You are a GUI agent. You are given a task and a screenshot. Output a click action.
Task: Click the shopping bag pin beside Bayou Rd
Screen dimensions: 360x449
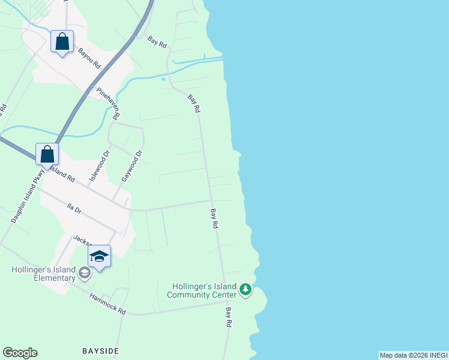coord(62,42)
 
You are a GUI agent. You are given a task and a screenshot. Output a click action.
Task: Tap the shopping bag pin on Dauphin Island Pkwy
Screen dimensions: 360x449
coord(47,155)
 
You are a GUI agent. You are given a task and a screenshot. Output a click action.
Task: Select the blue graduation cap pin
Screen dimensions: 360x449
coord(99,257)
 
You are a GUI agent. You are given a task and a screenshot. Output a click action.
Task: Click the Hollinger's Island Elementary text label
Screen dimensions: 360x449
coord(43,274)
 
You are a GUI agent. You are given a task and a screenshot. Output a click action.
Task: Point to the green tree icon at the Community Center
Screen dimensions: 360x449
coord(245,290)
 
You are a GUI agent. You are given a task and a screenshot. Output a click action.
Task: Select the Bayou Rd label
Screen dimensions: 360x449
coord(89,59)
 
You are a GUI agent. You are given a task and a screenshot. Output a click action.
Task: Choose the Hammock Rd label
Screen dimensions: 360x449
coord(107,304)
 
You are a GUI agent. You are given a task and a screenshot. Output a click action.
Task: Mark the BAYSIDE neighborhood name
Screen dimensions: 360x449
coord(100,349)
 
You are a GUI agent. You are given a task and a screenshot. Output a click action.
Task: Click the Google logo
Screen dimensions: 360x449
coord(20,353)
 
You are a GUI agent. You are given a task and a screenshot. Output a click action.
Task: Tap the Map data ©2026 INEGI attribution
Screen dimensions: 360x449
coord(413,355)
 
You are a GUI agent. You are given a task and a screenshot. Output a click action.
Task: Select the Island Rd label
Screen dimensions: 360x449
coord(61,175)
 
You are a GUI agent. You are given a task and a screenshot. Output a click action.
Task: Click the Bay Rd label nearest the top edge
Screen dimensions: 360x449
coord(157,42)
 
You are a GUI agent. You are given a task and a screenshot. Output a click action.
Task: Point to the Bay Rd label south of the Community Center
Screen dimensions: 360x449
coord(229,317)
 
